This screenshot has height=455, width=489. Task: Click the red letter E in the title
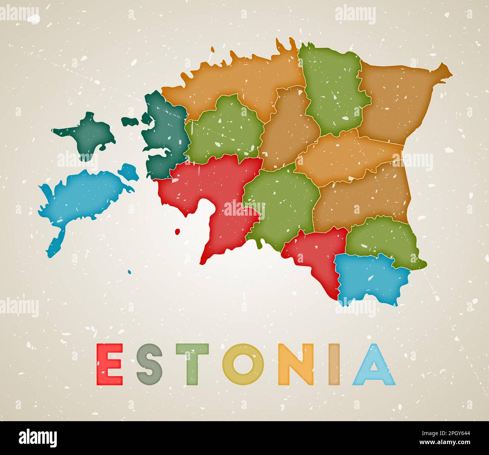[109, 364]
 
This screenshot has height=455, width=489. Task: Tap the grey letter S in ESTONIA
[149, 364]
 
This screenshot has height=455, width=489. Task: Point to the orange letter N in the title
[296, 364]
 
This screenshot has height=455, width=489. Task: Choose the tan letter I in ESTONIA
[334, 364]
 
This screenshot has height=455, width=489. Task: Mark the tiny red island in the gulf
[178, 231]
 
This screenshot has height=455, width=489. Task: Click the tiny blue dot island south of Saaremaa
[129, 272]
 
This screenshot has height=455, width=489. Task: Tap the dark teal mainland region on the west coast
[164, 132]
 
